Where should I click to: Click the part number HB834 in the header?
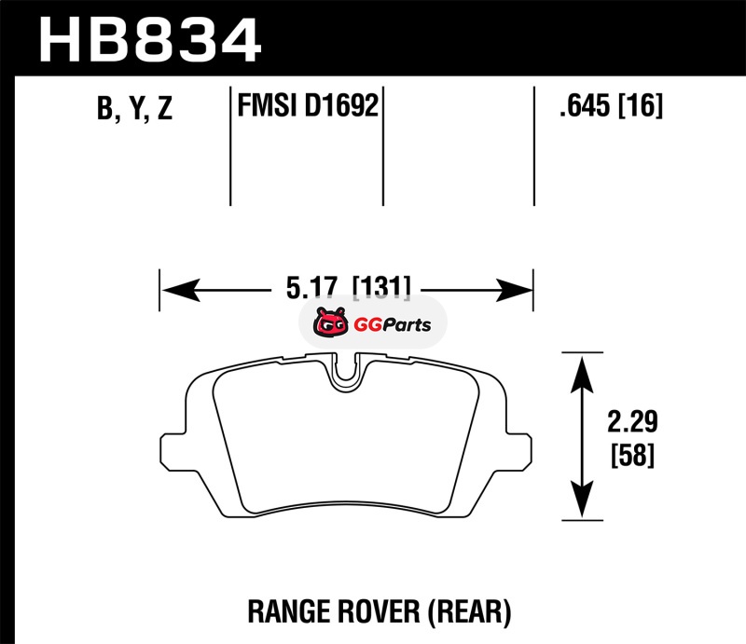tap(150, 39)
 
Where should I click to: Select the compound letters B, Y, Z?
tap(134, 108)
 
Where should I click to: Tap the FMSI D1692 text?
tap(308, 105)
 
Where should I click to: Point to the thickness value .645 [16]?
tap(611, 105)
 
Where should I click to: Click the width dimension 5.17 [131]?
tap(348, 287)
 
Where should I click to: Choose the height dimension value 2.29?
tap(632, 421)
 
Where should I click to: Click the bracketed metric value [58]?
tap(632, 455)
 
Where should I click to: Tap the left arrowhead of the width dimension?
tap(181, 290)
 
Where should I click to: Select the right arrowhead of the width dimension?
tap(514, 290)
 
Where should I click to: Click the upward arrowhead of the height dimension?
tap(582, 376)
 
